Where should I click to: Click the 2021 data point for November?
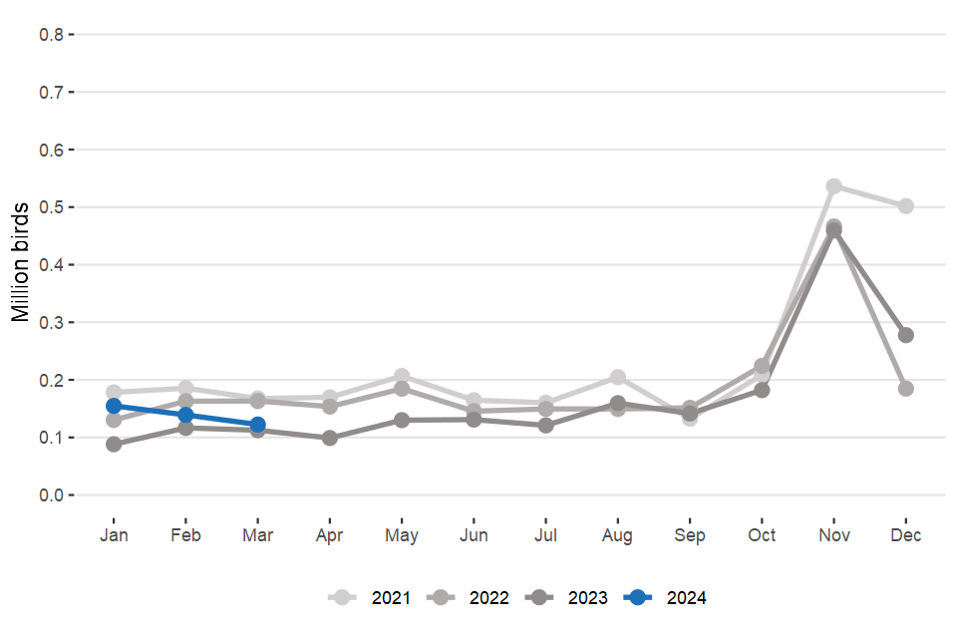click(x=833, y=186)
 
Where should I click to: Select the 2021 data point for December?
click(x=906, y=206)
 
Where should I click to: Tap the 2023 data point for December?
click(x=906, y=335)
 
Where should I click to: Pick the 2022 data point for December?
click(x=906, y=389)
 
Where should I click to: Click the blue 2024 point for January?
click(x=114, y=406)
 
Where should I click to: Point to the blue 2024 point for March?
click(x=257, y=425)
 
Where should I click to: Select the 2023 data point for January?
click(x=114, y=444)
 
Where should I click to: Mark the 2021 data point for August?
click(x=618, y=377)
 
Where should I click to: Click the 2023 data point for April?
click(x=330, y=438)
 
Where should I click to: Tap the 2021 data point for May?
click(x=402, y=377)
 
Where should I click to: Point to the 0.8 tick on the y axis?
click(x=52, y=35)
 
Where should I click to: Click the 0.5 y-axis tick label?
click(x=52, y=207)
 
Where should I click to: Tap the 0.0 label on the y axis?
click(x=52, y=495)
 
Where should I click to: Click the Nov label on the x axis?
click(x=833, y=535)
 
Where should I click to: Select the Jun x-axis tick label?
click(x=474, y=535)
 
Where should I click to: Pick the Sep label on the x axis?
click(x=690, y=535)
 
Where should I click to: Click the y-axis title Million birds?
click(x=21, y=264)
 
